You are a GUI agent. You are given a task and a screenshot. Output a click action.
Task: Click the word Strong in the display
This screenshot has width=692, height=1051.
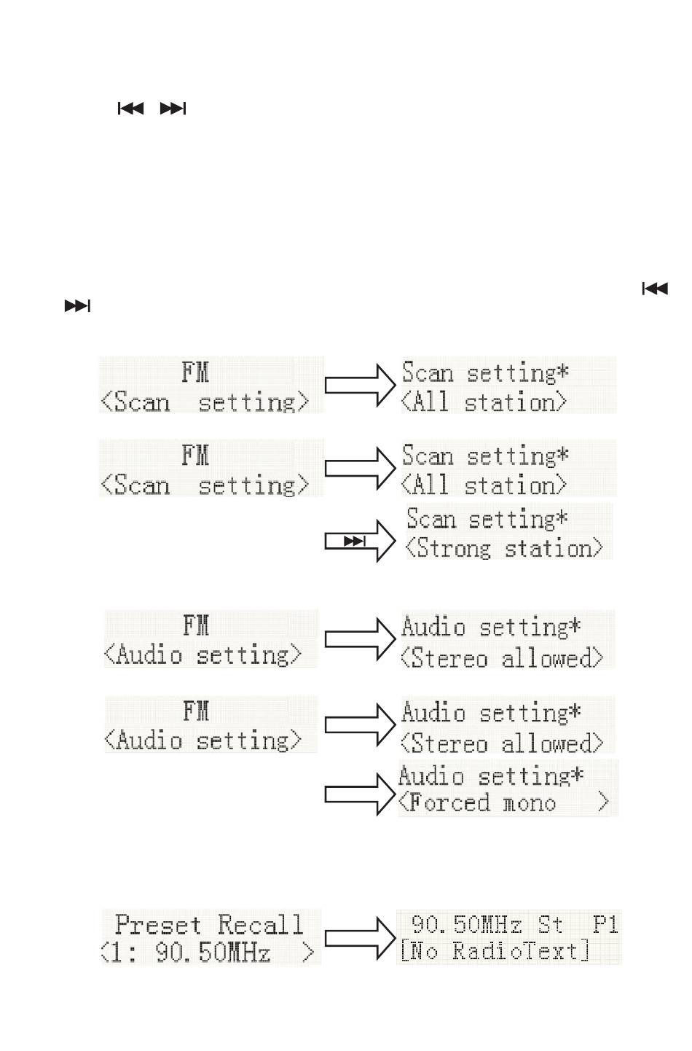click(454, 548)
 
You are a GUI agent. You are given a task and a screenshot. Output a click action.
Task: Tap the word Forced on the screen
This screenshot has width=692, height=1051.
click(449, 802)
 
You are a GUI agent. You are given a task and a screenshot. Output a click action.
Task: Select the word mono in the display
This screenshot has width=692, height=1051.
click(530, 805)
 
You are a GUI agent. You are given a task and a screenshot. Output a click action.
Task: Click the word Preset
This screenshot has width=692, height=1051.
click(158, 925)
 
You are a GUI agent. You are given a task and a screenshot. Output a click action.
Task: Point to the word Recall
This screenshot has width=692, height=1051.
click(260, 925)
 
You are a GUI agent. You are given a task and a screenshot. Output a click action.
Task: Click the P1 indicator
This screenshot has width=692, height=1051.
click(605, 924)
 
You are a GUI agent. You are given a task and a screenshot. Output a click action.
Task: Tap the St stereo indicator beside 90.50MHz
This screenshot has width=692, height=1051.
click(549, 924)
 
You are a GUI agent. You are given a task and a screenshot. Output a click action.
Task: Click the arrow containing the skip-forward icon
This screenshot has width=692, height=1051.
click(360, 541)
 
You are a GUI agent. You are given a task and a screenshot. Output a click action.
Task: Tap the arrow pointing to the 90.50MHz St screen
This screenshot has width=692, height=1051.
click(360, 939)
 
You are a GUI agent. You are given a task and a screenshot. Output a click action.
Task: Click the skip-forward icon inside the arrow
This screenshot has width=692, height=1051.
click(355, 541)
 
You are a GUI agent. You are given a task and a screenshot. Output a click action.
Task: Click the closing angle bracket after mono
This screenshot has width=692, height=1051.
click(603, 802)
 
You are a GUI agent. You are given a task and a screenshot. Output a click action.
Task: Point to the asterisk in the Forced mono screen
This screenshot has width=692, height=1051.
click(576, 774)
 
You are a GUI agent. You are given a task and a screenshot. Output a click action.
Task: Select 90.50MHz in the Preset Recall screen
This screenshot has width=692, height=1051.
click(213, 953)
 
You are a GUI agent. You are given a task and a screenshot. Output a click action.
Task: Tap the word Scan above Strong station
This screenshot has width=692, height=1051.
click(430, 518)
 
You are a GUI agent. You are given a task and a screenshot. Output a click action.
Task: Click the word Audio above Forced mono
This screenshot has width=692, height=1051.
click(431, 775)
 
